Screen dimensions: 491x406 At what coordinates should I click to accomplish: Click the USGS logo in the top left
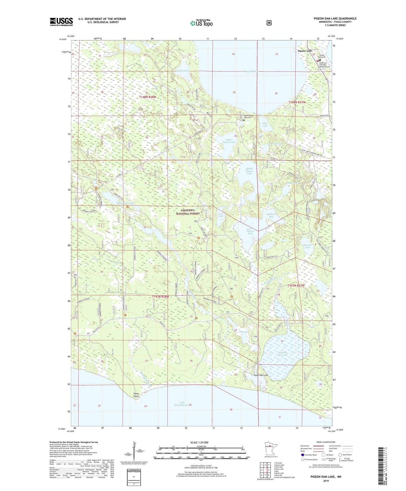pos(61,22)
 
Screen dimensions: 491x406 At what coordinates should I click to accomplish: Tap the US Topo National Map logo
pos(201,23)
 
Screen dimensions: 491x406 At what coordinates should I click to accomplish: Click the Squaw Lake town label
pos(305,51)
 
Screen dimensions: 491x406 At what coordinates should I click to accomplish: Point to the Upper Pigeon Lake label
pos(229,141)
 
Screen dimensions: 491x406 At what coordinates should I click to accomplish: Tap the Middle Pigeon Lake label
pos(249,171)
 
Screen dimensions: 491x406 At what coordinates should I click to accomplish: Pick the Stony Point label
pos(136,395)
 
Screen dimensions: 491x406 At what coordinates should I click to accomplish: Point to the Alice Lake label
pos(265,124)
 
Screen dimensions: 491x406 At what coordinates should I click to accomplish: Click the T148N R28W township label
pos(148,97)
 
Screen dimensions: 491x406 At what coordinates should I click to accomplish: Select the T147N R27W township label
pos(296,285)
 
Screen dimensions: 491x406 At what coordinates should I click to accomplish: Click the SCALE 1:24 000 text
pos(199,442)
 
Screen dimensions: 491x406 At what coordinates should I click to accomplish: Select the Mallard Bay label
pos(271,215)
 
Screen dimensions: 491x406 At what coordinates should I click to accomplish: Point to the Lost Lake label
pos(221,215)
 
